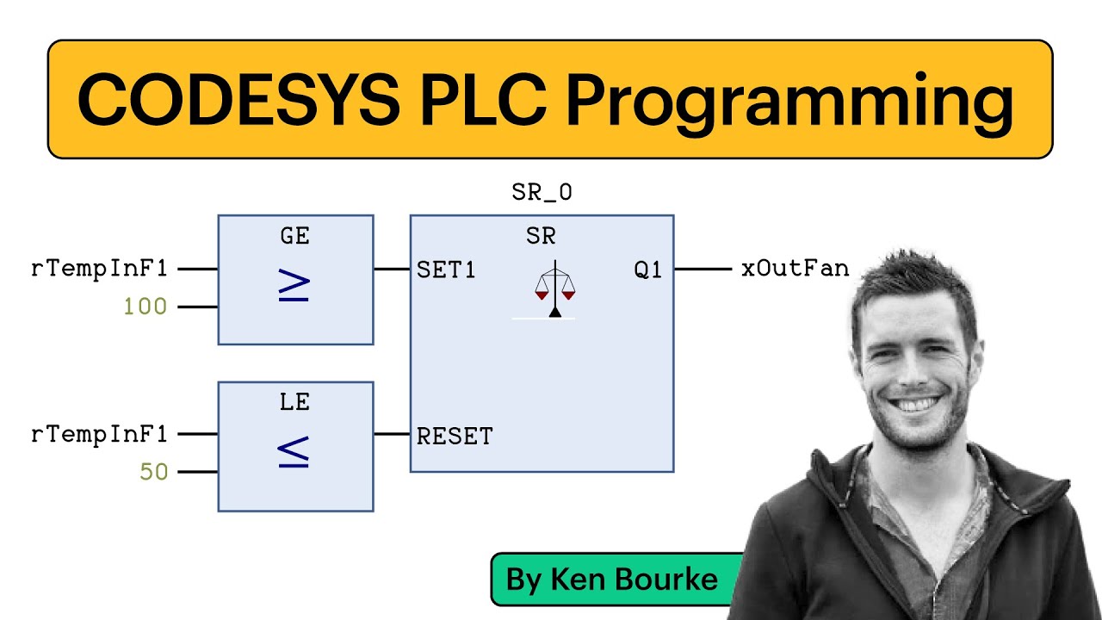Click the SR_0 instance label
542,193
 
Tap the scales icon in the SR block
554,289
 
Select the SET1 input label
446,270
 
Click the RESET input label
455,437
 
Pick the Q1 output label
647,270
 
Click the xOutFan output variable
795,269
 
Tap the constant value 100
145,307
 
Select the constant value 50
153,472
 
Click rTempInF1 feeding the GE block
99,269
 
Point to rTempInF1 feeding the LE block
99,434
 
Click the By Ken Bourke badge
612,579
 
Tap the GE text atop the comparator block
294,236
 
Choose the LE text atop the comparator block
294,402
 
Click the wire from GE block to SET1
392,270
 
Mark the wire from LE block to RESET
392,434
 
